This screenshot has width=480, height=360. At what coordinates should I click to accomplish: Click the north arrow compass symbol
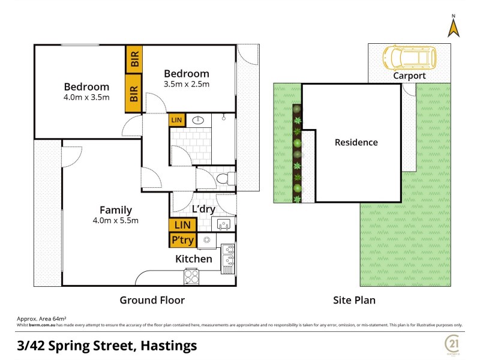click(x=454, y=26)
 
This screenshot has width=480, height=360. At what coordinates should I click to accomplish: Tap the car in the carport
click(x=409, y=58)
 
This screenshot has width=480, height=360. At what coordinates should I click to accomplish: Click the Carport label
click(x=409, y=76)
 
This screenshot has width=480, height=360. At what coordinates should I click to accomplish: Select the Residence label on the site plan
click(x=356, y=142)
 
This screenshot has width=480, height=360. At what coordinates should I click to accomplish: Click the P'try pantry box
click(x=182, y=241)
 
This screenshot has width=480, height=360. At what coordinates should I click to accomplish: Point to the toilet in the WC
click(x=226, y=179)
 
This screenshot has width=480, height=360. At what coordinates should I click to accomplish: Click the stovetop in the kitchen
click(x=191, y=277)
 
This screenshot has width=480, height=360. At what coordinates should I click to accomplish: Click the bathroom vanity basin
click(x=199, y=121)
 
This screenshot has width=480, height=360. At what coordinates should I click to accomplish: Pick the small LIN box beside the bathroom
click(x=176, y=121)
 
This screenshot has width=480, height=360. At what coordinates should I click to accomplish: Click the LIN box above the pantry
click(x=182, y=225)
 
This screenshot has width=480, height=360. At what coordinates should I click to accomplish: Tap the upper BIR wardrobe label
click(x=134, y=59)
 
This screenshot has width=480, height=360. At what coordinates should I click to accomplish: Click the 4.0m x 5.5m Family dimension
click(x=116, y=220)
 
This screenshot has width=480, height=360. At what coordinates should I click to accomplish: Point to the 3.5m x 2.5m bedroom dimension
click(x=187, y=84)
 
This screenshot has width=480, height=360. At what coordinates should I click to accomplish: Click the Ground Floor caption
click(x=152, y=300)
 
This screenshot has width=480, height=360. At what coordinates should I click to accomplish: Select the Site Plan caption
click(x=354, y=300)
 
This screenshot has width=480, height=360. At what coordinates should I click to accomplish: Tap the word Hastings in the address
click(x=164, y=346)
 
